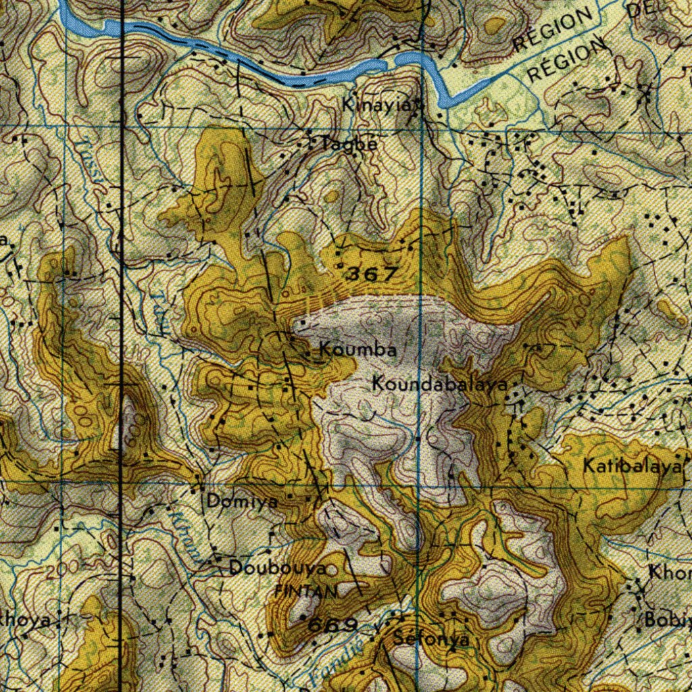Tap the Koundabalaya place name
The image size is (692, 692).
coord(440,385)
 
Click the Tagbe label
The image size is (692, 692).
coord(349,144)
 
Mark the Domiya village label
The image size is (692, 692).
coord(242,502)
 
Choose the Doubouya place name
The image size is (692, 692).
coord(278,568)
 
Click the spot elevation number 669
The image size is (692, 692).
coord(332,625)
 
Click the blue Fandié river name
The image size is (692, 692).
coord(331,659)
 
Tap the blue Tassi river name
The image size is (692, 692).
coord(91,166)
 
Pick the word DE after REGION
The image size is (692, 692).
coord(642,9)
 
